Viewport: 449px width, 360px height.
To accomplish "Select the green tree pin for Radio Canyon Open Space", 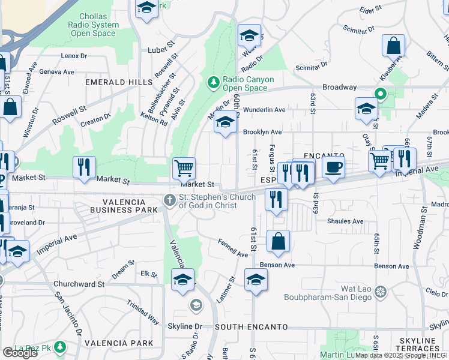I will click(x=212, y=82).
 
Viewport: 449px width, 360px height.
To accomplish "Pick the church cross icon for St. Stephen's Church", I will click(x=170, y=201).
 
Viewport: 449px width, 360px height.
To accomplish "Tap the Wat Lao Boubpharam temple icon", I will click(x=379, y=292).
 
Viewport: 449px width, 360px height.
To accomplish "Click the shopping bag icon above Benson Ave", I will click(x=278, y=241).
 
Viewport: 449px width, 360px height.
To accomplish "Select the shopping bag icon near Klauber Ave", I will click(x=393, y=46).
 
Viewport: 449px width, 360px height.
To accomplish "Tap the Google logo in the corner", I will click(x=20, y=352).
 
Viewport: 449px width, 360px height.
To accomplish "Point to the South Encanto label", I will click(x=246, y=326).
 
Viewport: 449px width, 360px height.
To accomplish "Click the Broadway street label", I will click(x=339, y=87).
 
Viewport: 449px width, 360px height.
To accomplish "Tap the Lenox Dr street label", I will click(x=74, y=56).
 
